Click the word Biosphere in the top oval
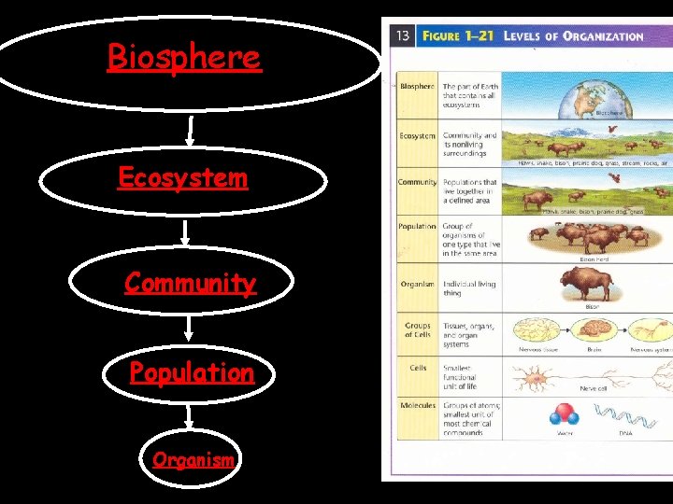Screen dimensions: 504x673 pyautogui.click(x=184, y=58)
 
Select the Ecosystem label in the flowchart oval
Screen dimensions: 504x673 pyautogui.click(x=182, y=177)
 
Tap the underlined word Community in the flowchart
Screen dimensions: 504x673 pyautogui.click(x=190, y=282)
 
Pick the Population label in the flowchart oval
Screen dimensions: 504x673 pyautogui.click(x=192, y=373)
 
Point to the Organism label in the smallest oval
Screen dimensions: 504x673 pyautogui.click(x=193, y=459)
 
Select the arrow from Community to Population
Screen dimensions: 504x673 pyautogui.click(x=190, y=327)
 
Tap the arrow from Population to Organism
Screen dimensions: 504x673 pyautogui.click(x=190, y=416)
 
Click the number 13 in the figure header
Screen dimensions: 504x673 pyautogui.click(x=403, y=35)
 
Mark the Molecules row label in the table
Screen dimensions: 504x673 pyautogui.click(x=418, y=406)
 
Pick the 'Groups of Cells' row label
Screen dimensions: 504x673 pyautogui.click(x=418, y=329)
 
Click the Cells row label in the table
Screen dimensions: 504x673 pyautogui.click(x=418, y=368)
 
